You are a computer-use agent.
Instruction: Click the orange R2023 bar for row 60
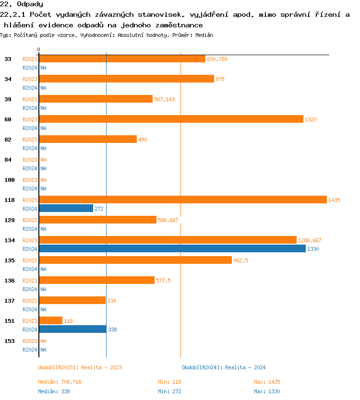coord(171,119)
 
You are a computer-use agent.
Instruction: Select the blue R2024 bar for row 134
coord(172,248)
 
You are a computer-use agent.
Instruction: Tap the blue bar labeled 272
coord(66,208)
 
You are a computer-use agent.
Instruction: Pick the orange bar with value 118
coord(51,320)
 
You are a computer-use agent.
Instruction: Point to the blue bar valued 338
coord(72,329)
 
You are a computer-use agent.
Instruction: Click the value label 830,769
coord(217,59)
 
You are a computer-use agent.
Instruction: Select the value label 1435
coord(334,200)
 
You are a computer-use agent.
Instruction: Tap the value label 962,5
coord(240,260)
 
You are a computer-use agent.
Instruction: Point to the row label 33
coord(8,59)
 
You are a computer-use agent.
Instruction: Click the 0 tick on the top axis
coord(39,50)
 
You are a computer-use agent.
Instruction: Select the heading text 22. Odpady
coord(22,4)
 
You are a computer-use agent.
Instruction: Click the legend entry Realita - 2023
coord(80,367)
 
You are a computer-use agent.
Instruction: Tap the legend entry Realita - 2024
coord(224,367)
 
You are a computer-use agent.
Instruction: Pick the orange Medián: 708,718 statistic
coord(60,382)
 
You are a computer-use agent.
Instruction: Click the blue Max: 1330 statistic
coord(267,391)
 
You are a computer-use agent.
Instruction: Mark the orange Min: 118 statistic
coord(169,382)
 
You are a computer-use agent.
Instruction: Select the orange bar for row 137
coord(72,300)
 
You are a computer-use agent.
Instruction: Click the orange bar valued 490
coord(88,139)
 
